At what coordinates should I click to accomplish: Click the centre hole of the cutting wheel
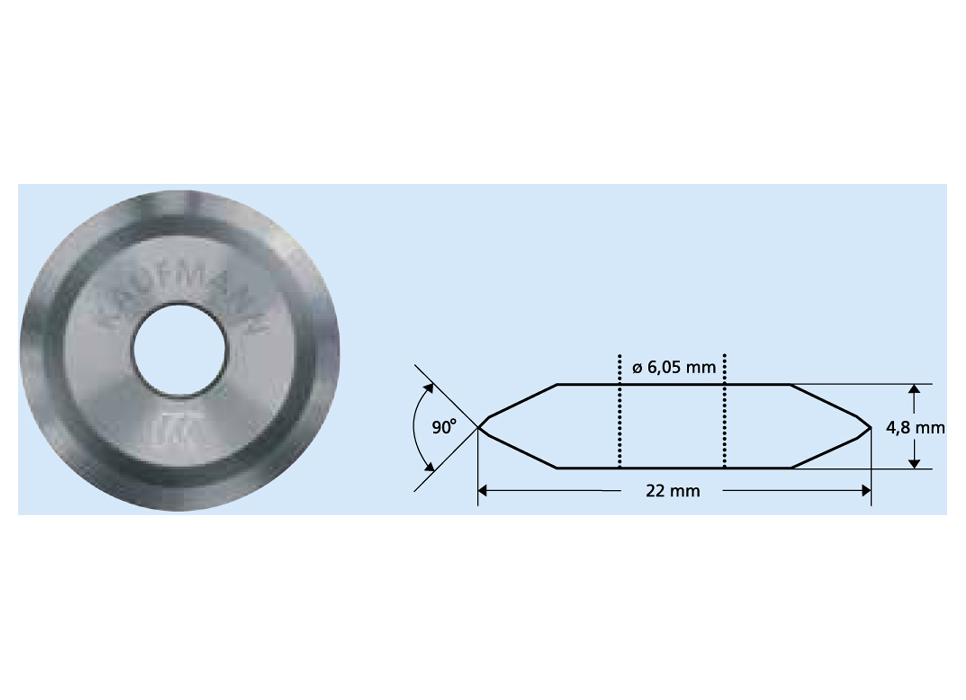[x=179, y=350]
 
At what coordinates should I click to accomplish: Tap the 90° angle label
[x=444, y=428]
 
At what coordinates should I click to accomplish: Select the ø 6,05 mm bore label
[x=674, y=368]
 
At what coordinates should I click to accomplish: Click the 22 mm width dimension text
[x=673, y=491]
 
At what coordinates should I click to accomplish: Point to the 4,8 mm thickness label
[x=915, y=428]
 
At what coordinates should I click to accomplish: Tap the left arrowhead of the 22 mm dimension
[x=482, y=491]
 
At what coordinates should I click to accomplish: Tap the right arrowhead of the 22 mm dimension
[x=866, y=491]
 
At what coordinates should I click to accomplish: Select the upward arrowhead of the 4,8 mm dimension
[x=914, y=390]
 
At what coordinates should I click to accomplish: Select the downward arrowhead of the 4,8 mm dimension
[x=914, y=463]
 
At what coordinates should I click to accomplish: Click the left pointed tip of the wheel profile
[x=479, y=428]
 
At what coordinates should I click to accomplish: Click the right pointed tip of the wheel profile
[x=870, y=428]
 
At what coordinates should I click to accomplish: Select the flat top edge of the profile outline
[x=673, y=384]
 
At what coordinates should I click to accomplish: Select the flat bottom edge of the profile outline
[x=673, y=468]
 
